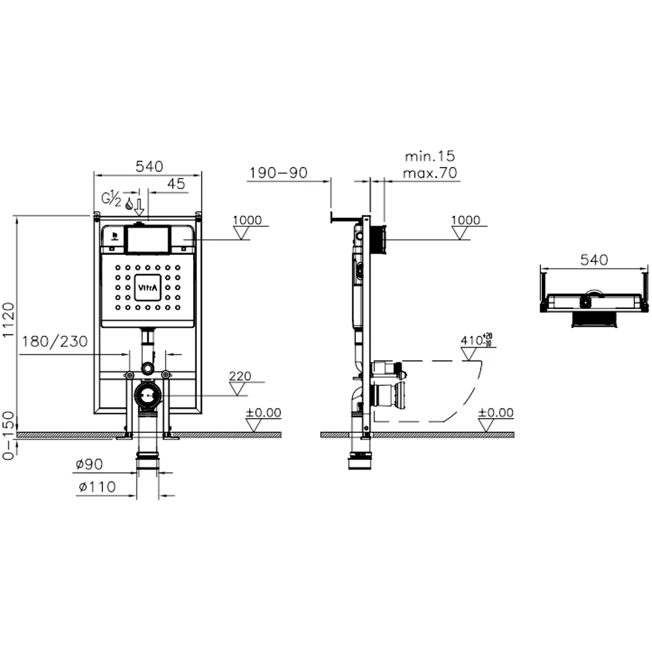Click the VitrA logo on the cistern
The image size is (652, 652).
(x=147, y=288)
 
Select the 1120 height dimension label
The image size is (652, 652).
(x=8, y=319)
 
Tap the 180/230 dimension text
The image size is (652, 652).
(x=55, y=342)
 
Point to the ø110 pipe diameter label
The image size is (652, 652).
(x=97, y=486)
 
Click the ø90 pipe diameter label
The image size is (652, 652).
(x=89, y=464)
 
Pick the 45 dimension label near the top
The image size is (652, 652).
(x=176, y=183)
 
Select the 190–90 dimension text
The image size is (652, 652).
(x=278, y=173)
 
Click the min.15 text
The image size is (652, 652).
(x=430, y=156)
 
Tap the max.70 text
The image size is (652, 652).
(x=430, y=173)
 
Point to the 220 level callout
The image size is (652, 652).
(x=240, y=376)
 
